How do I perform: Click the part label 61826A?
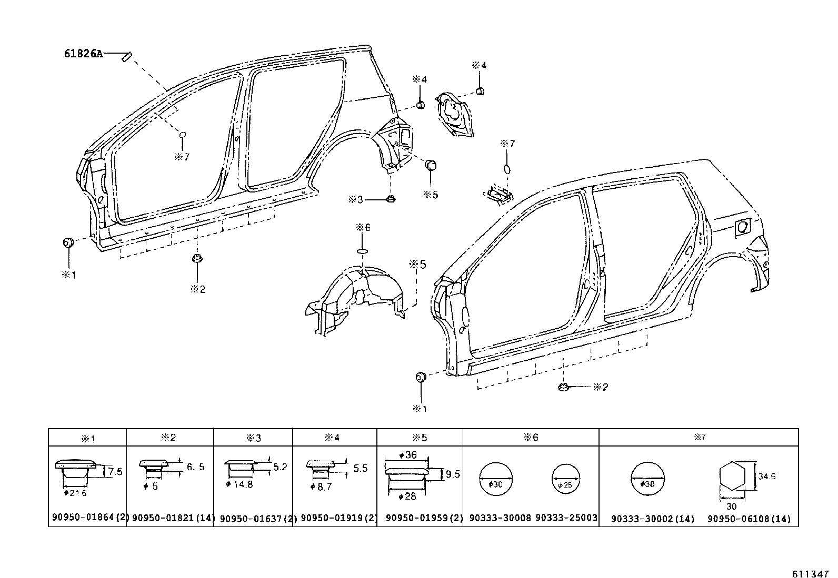(x=84, y=53)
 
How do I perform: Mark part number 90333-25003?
(x=566, y=518)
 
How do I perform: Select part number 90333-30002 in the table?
(x=652, y=519)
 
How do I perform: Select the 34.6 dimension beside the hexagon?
(x=767, y=477)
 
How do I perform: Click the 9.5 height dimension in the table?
(x=453, y=474)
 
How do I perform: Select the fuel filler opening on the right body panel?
(x=743, y=227)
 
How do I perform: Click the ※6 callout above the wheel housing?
(x=363, y=227)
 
